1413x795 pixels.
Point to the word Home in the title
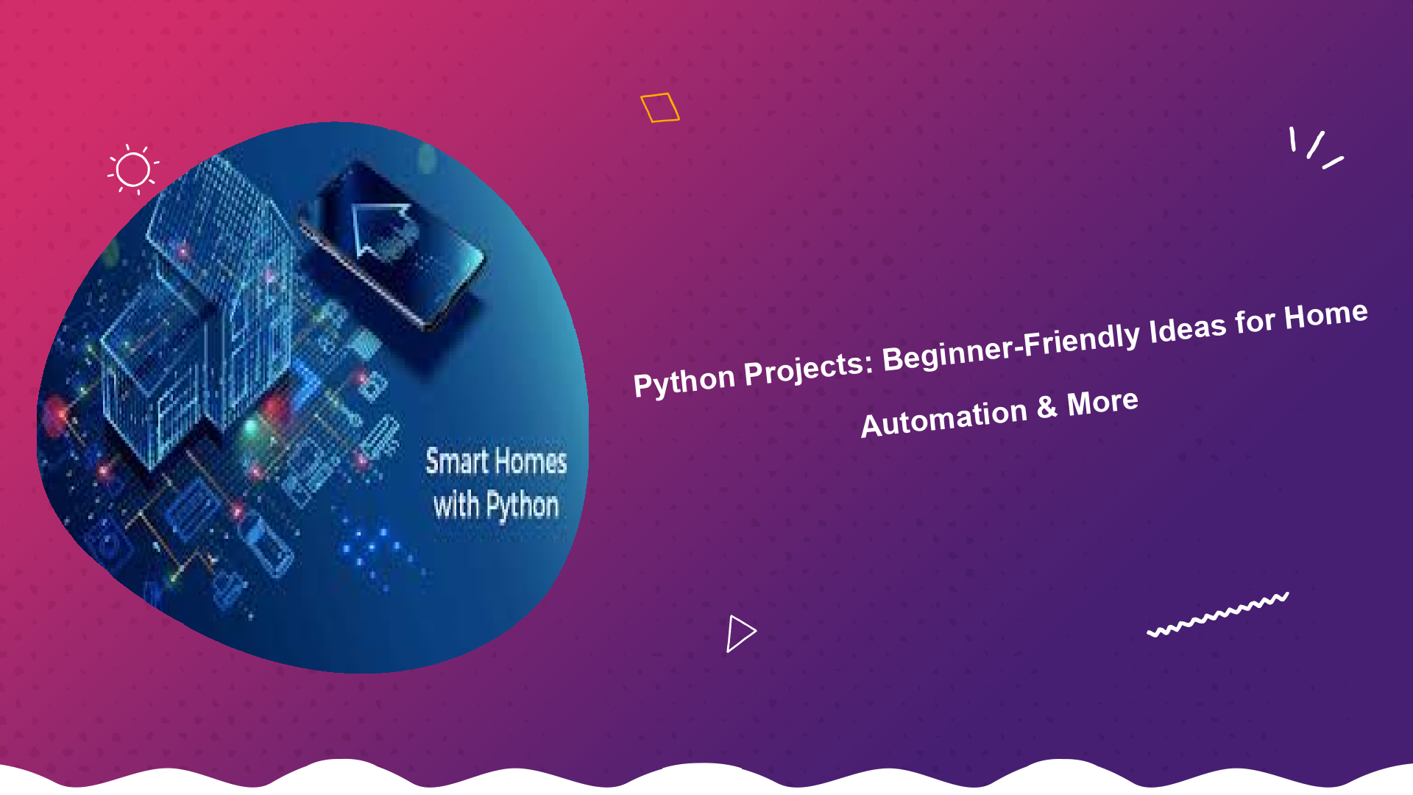tap(1325, 315)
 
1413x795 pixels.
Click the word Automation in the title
tap(943, 418)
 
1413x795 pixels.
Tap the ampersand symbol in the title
tap(1047, 407)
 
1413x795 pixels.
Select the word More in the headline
tap(1102, 402)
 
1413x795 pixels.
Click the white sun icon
tap(133, 169)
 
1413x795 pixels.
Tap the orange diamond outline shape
tap(659, 107)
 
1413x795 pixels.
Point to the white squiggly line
tap(1218, 614)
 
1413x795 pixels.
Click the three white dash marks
tap(1317, 148)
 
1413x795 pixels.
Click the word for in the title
tap(1254, 322)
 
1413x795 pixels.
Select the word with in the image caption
tap(456, 506)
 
